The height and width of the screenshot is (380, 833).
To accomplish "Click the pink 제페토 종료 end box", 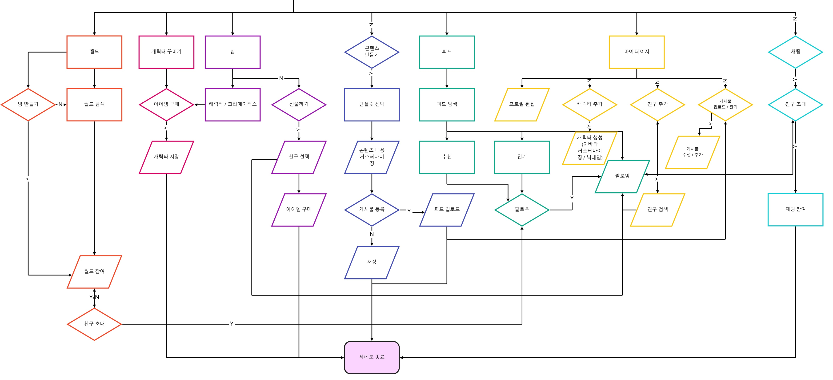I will coord(372,357).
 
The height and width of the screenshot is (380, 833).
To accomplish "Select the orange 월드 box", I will coord(94,52).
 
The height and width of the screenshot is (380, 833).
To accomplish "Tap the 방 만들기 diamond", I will coord(28,104).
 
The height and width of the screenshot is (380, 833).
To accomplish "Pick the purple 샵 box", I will coord(232,52).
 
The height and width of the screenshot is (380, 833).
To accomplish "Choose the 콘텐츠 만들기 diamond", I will coord(372,52).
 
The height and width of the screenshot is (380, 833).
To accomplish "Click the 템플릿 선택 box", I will coord(372,104).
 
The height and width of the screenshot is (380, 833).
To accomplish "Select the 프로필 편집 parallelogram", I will coord(522,104).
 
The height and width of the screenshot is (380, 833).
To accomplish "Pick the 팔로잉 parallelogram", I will coord(622,176).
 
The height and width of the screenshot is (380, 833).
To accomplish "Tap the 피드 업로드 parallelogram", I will coord(447,209).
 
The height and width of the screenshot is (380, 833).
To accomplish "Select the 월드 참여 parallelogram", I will coord(94,271).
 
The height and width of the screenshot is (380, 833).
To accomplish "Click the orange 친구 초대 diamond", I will coord(94,324).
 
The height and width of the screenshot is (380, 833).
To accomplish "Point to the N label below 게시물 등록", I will coord(372,234).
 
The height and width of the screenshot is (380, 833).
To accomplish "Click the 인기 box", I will coord(522,157).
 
